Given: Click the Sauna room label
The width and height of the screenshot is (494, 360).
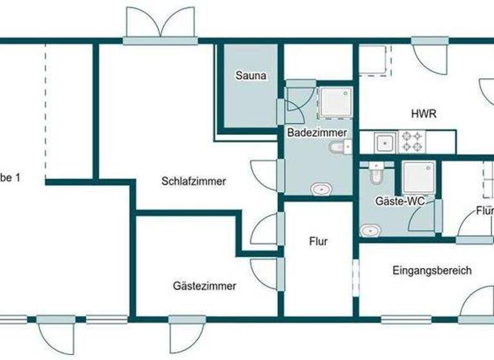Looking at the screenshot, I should (251, 76).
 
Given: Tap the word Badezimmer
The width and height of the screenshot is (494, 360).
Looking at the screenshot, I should (317, 132).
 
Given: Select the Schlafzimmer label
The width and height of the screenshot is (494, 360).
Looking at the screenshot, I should (194, 181).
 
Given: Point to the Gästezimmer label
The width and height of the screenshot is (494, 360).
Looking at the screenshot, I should (205, 286).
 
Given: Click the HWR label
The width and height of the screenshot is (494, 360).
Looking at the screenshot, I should (424, 114).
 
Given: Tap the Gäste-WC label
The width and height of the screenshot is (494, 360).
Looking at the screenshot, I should (399, 201).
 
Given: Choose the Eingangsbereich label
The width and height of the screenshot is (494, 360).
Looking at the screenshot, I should (432, 271).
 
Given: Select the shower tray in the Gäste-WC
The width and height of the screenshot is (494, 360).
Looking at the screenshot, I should (419, 177).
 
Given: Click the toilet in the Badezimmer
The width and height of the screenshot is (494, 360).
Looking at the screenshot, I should (338, 148).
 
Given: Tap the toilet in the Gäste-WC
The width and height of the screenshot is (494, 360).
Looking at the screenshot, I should (376, 173).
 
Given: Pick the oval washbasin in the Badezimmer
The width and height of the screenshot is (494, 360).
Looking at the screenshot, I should (320, 190).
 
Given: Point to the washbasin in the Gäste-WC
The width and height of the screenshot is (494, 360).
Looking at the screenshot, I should (370, 230).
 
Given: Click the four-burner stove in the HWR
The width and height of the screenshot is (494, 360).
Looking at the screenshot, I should (411, 141).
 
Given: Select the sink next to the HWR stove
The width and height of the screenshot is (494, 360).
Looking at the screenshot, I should (385, 141).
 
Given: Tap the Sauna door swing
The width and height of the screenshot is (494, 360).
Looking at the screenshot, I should (297, 102).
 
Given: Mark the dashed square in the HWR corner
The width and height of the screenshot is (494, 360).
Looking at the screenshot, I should (374, 60).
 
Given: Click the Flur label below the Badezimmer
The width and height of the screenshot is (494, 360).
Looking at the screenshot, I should (318, 242).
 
